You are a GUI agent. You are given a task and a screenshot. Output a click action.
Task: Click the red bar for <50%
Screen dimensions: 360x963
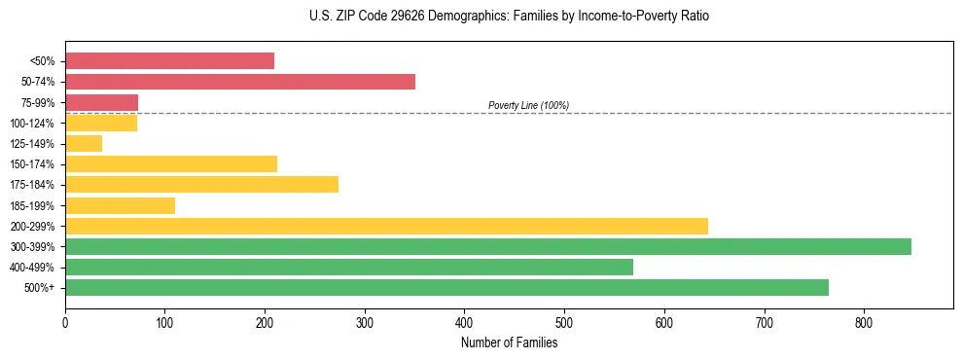click(x=169, y=61)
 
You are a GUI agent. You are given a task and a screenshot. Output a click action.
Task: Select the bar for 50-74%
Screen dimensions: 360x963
click(x=240, y=82)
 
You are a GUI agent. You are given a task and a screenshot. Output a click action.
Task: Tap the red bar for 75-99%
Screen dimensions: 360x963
click(x=101, y=102)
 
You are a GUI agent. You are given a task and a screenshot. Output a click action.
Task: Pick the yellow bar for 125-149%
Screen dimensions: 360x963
click(x=84, y=144)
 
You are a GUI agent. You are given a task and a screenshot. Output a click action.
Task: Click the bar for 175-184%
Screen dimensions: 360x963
click(x=201, y=185)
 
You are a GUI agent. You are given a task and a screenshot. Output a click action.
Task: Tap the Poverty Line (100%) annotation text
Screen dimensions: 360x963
click(x=528, y=105)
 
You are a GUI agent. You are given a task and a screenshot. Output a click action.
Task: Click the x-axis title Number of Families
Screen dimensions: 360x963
click(x=509, y=342)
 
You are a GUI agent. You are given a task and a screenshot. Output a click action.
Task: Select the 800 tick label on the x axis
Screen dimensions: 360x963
click(x=864, y=321)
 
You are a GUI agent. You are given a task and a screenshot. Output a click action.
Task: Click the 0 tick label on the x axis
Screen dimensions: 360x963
click(x=65, y=321)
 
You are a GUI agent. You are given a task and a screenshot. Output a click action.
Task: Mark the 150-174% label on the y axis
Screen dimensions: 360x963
click(x=32, y=164)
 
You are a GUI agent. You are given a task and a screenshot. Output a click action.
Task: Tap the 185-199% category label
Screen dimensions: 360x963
click(x=32, y=206)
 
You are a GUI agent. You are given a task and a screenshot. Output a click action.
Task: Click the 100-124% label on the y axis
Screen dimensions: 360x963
click(x=32, y=124)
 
